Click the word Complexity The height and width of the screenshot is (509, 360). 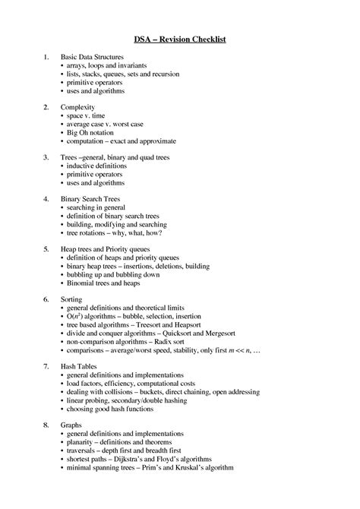point(77,108)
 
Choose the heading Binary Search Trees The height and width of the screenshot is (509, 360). point(91,198)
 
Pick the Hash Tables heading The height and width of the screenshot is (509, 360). point(79,365)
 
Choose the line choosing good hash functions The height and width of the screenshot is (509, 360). point(111,408)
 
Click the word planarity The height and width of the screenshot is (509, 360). point(82,442)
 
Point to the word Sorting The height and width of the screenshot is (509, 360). point(73,299)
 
